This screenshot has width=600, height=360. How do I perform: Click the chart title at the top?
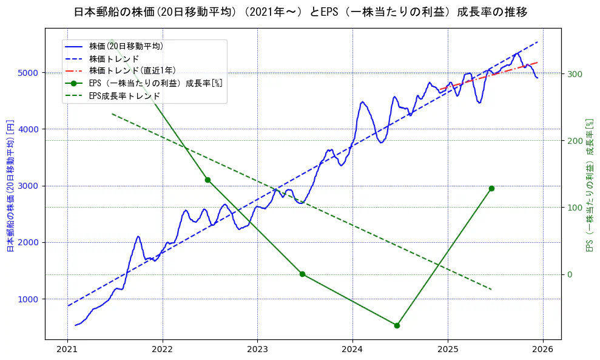tap(300, 12)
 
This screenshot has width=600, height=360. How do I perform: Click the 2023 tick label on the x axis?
tap(257, 350)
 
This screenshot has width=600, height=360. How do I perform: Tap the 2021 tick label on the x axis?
tap(67, 350)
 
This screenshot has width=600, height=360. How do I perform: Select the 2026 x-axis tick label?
tap(542, 350)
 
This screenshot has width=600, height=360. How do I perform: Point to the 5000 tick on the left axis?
tap(31, 73)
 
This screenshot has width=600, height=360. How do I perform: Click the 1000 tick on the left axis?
tap(31, 299)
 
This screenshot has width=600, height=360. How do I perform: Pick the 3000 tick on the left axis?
tap(31, 186)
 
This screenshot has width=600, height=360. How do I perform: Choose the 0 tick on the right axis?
tap(570, 274)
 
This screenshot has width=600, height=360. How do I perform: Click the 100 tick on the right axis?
tap(574, 208)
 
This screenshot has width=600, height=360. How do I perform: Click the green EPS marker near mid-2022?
tap(207, 180)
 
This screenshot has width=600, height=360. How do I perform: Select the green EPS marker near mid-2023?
tap(302, 274)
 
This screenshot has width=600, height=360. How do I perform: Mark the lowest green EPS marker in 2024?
tap(397, 325)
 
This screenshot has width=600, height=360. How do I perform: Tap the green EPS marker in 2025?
tap(491, 189)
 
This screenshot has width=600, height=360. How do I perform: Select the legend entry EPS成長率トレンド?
tap(124, 96)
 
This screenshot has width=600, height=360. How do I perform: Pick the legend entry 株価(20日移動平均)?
tap(126, 46)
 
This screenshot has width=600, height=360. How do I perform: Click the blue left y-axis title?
tap(10, 186)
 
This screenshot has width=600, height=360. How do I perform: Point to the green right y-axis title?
tap(589, 186)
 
